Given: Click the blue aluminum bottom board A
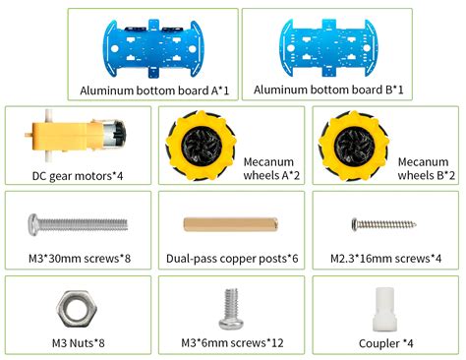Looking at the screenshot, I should pos(153,45).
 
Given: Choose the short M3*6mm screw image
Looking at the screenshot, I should pos(231,308).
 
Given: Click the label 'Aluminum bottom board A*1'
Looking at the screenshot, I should pos(154,90).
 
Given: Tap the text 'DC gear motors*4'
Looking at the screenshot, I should pos(76,176).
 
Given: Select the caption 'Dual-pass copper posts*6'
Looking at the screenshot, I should pos(231,260).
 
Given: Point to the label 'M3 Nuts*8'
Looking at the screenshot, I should pos(78,343).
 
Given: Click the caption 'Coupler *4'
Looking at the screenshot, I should pos(387,343).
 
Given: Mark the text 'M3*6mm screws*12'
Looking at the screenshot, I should pos(232,343).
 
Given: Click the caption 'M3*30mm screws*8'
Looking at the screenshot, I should pos(77,260).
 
